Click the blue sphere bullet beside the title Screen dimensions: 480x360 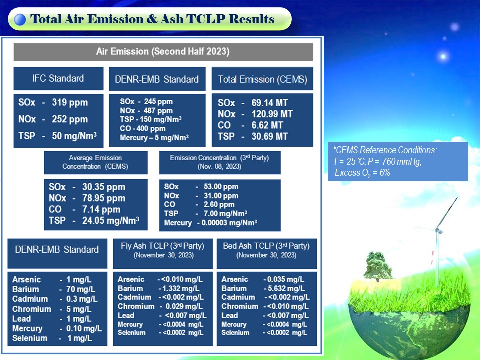[x=20, y=20]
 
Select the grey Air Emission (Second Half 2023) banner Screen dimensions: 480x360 [x=163, y=52]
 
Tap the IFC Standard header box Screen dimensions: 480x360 [x=58, y=78]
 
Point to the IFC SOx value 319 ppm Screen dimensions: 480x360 [x=70, y=103]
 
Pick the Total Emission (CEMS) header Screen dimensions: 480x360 [x=262, y=79]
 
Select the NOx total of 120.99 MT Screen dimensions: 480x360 [x=272, y=114]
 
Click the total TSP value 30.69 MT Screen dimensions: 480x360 [x=269, y=136]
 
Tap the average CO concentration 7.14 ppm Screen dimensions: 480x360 [x=101, y=209]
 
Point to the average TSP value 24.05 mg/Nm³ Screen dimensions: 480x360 [x=111, y=220]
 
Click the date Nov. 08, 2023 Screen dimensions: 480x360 [x=219, y=167]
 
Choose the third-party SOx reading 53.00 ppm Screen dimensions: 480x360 [x=221, y=186]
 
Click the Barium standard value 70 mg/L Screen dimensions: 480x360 [x=81, y=289]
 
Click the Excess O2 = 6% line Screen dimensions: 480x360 [x=362, y=173]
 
